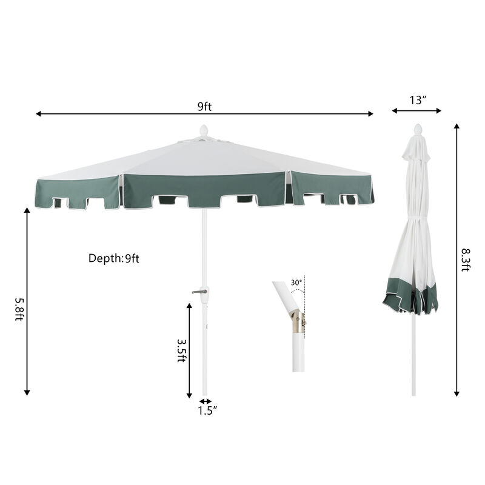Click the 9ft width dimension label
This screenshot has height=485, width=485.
(204, 107)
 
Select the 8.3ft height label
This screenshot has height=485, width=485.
(465, 259)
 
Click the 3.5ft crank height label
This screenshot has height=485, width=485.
(181, 350)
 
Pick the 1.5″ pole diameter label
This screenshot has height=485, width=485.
(207, 410)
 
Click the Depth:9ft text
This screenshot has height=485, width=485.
(114, 258)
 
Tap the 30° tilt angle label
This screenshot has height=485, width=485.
(296, 283)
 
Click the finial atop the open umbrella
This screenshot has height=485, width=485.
(204, 131)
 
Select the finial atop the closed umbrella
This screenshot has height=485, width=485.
(416, 129)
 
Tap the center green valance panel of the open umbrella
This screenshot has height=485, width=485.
(204, 188)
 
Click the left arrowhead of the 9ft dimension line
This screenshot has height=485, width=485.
(38, 114)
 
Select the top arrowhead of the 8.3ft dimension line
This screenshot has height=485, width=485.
(457, 127)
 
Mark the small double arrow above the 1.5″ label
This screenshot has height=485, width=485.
(206, 401)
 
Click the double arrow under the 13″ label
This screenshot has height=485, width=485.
(416, 111)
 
